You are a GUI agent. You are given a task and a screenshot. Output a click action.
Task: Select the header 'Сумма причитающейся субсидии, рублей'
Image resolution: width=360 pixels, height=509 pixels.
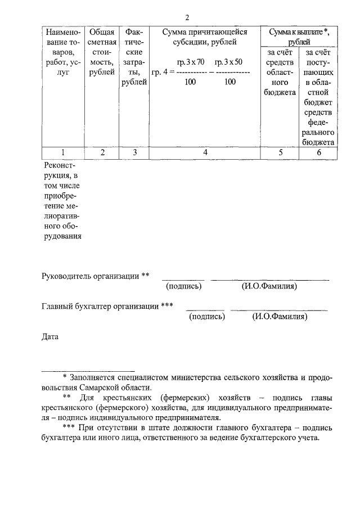205,37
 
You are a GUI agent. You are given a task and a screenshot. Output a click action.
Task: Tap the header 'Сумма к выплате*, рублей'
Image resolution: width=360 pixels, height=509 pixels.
299,37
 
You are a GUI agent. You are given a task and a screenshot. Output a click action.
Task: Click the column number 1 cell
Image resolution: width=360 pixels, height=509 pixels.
62,152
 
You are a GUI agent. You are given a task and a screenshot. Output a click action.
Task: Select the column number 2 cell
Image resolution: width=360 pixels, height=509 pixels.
102,152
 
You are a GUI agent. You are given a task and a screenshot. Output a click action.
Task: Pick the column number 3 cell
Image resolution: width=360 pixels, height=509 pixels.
134,152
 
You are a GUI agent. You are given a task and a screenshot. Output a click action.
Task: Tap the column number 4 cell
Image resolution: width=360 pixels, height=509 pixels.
205,152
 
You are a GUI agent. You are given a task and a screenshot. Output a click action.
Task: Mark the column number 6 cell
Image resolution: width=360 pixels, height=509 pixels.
318,152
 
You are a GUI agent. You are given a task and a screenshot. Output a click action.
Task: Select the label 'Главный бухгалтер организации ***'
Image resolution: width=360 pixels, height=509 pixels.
107,307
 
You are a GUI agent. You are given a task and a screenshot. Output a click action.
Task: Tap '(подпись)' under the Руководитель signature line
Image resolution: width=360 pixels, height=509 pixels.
184,286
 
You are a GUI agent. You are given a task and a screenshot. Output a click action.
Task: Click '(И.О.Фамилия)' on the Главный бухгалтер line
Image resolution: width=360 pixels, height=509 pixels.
280,317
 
